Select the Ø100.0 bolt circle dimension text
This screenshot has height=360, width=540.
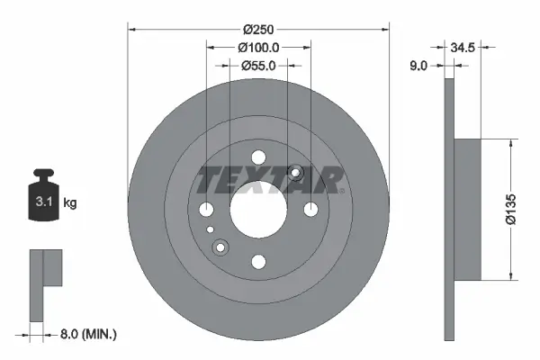click(258, 47)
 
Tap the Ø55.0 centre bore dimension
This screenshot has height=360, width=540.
click(258, 65)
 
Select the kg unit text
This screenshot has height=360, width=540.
click(70, 203)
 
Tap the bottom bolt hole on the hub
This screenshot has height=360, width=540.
click(258, 262)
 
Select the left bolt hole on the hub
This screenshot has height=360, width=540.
click(206, 210)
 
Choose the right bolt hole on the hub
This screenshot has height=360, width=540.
click(311, 210)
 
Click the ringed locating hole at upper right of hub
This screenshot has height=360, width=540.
click(296, 173)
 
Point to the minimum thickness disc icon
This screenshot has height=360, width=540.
click(45, 283)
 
